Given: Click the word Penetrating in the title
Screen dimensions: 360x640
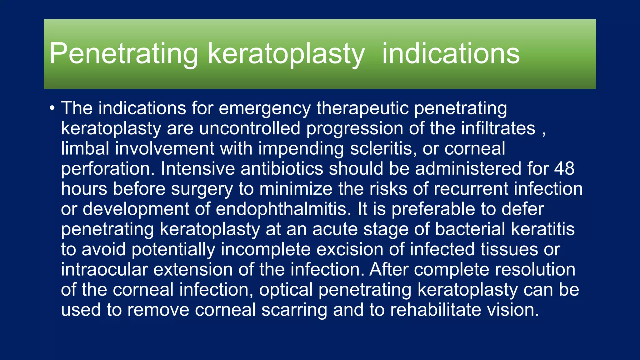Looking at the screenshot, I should pyautogui.click(x=123, y=54).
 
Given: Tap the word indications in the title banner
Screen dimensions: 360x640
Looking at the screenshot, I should pyautogui.click(x=451, y=54).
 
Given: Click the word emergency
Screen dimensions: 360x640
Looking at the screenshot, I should pyautogui.click(x=264, y=109).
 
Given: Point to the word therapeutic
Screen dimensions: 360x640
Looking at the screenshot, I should pyautogui.click(x=362, y=109).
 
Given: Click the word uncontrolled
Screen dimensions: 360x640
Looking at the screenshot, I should pyautogui.click(x=249, y=128).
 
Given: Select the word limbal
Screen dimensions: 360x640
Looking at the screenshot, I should pyautogui.click(x=85, y=148).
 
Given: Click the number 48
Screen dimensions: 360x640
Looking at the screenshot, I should pyautogui.click(x=564, y=169).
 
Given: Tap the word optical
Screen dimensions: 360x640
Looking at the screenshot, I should pyautogui.click(x=286, y=290).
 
